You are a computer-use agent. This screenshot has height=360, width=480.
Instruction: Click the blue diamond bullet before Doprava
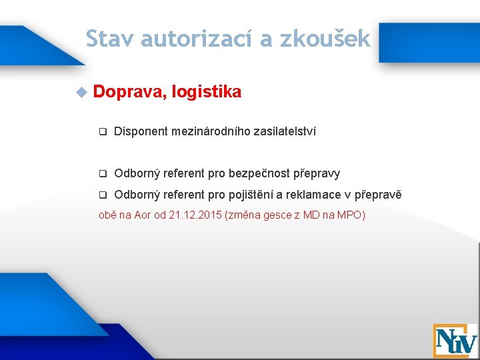[81, 92]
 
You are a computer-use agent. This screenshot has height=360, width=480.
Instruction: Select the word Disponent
[141, 131]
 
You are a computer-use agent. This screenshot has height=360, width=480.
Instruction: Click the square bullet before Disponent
[103, 132]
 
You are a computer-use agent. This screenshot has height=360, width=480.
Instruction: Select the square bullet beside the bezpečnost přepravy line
[103, 174]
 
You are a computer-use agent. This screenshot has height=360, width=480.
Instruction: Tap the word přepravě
[378, 195]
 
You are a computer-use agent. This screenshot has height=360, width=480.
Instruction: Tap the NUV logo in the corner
[455, 340]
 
